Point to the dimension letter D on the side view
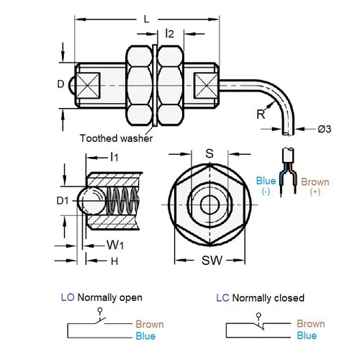pos(60,84)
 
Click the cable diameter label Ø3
pos(325,129)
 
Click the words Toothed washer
pos(116,138)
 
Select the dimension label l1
pos(114,157)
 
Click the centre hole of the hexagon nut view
pos(210,204)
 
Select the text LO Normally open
pos(102,297)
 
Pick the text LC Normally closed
pos(260,297)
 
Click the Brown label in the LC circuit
pos(310,324)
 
